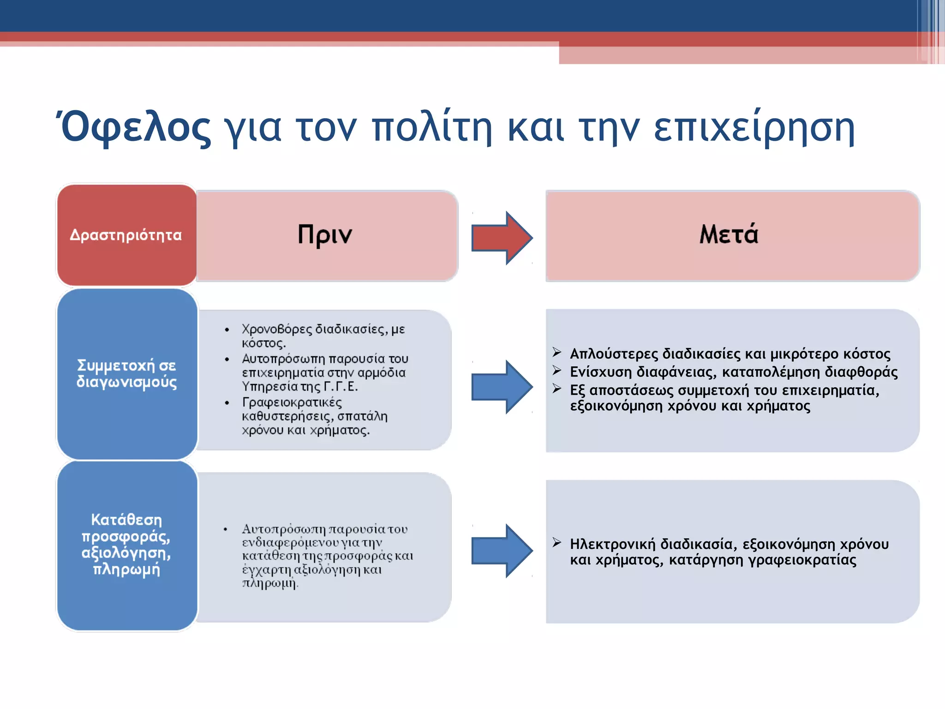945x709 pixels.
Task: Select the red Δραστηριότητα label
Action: tap(126, 235)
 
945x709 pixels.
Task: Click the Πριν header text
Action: tap(324, 234)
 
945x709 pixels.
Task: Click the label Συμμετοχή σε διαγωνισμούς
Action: tap(126, 373)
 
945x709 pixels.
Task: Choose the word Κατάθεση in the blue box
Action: tap(126, 520)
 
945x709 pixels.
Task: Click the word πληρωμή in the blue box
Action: tap(126, 569)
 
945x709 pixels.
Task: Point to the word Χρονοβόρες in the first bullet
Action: tap(277, 329)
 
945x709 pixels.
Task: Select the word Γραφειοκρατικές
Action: tap(292, 402)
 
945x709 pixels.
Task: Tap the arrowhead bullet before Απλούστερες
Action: tap(557, 353)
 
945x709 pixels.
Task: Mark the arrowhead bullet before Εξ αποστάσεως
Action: tap(557, 389)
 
